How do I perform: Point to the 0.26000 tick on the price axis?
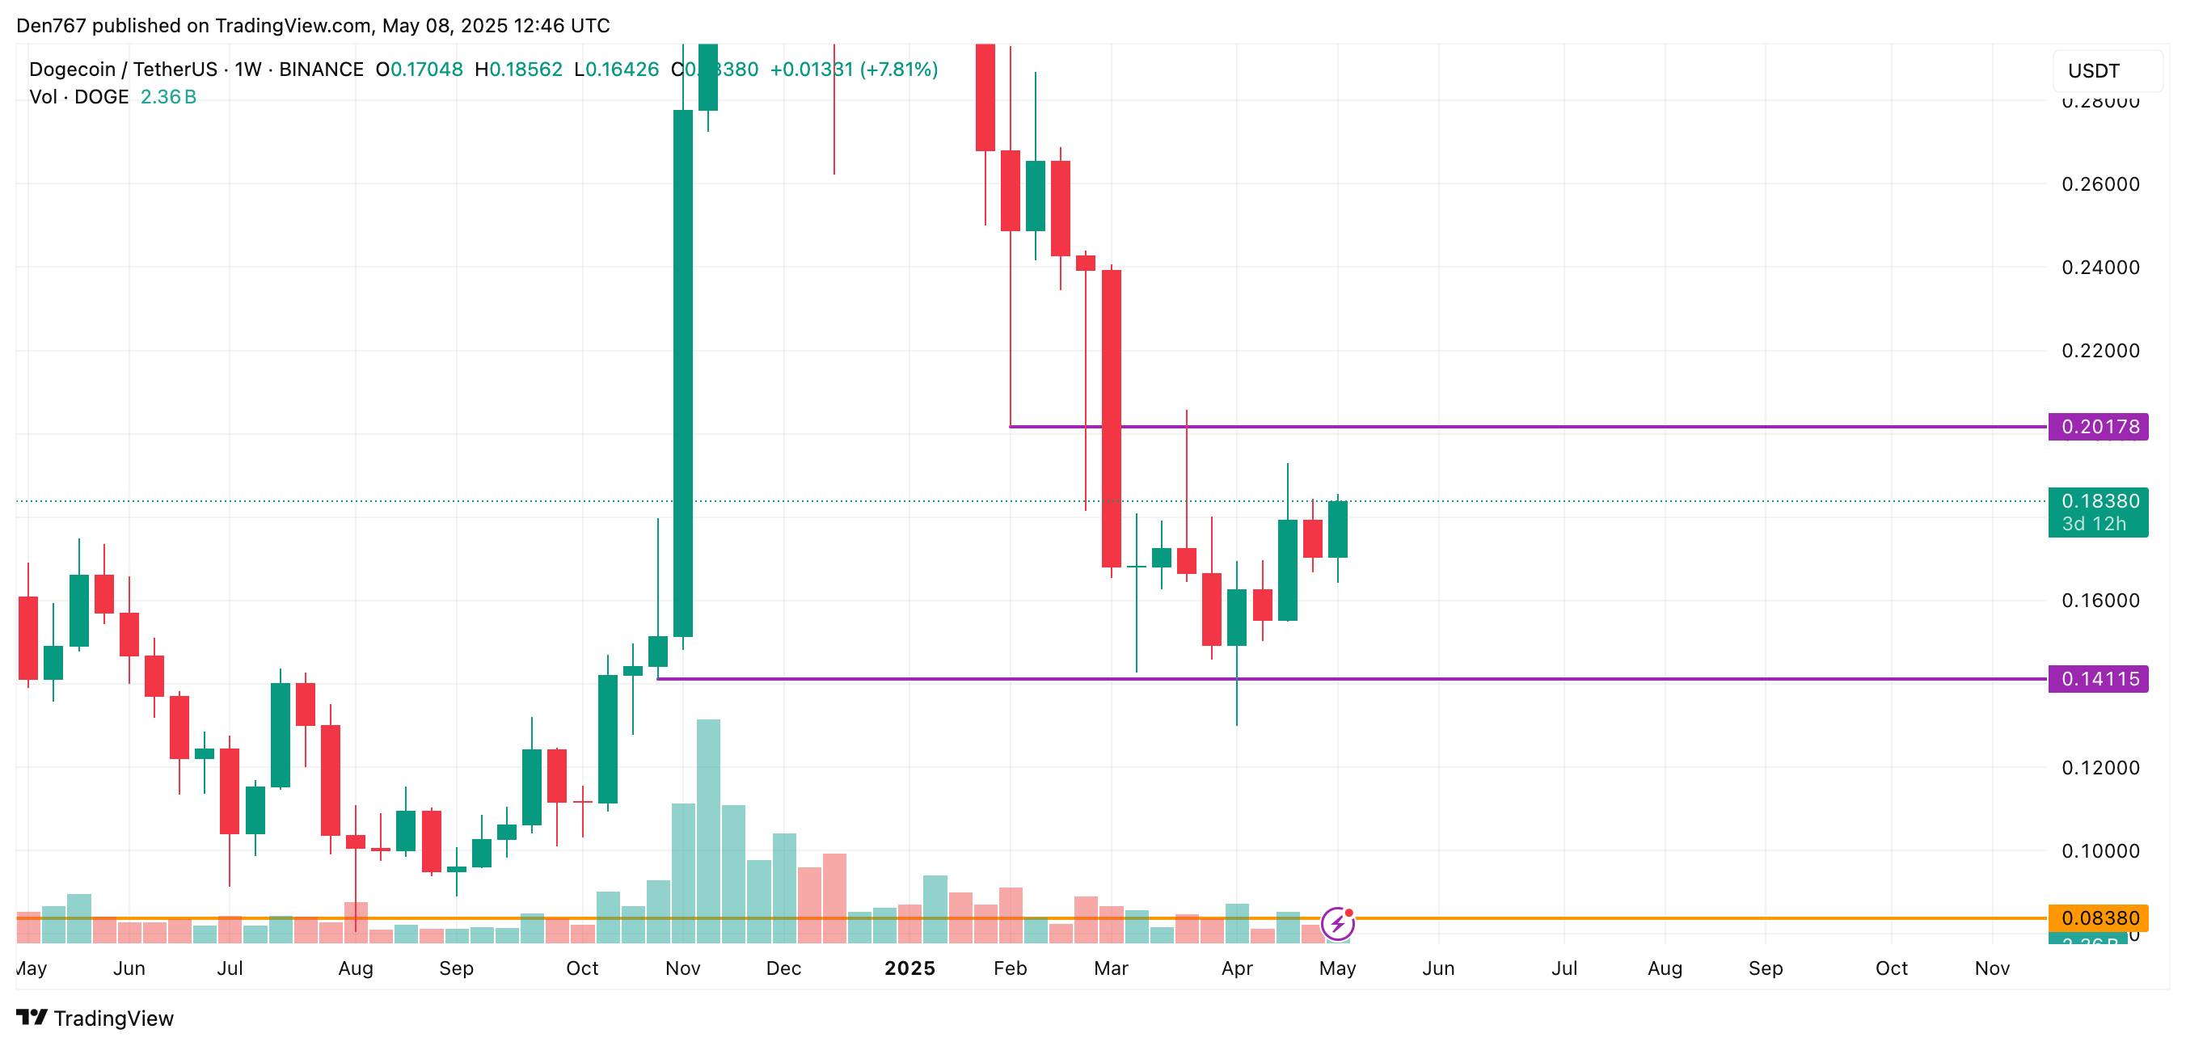click(x=2100, y=184)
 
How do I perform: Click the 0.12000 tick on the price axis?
click(x=2100, y=768)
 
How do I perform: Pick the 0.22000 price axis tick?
click(x=2100, y=350)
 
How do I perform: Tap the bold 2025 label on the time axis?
click(x=909, y=968)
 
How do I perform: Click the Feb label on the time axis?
click(x=1010, y=968)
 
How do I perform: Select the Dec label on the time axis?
click(x=783, y=968)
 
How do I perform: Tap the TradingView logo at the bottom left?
click(x=95, y=1018)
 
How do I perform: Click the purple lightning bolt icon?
click(x=1337, y=924)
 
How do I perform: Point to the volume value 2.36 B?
click(x=168, y=97)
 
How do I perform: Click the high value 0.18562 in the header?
click(x=525, y=70)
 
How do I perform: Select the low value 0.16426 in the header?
click(x=622, y=70)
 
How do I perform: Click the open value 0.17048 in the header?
click(x=426, y=70)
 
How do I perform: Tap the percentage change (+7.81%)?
click(x=899, y=70)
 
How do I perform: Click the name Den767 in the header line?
click(x=51, y=25)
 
